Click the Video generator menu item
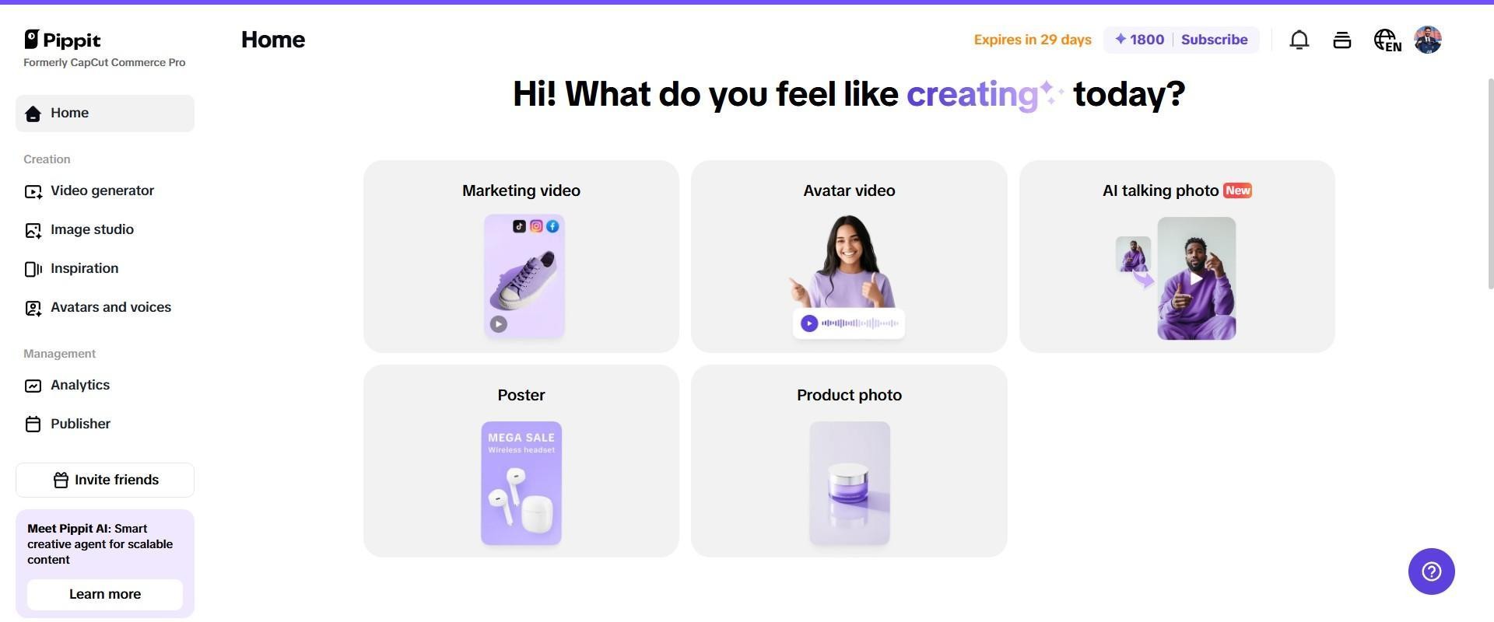[102, 191]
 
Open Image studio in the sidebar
[92, 230]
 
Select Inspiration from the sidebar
[84, 269]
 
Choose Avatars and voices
[110, 308]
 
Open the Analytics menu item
[79, 386]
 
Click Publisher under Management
[80, 425]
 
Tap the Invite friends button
[105, 480]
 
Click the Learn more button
[105, 595]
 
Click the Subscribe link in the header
[1214, 40]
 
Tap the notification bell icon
[1299, 40]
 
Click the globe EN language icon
[1387, 40]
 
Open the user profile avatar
[1428, 40]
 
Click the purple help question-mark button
[1431, 572]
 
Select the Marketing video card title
[521, 191]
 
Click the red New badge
[1237, 190]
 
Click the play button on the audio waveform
[809, 323]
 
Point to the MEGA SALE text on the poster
[521, 438]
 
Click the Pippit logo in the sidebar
[62, 40]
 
